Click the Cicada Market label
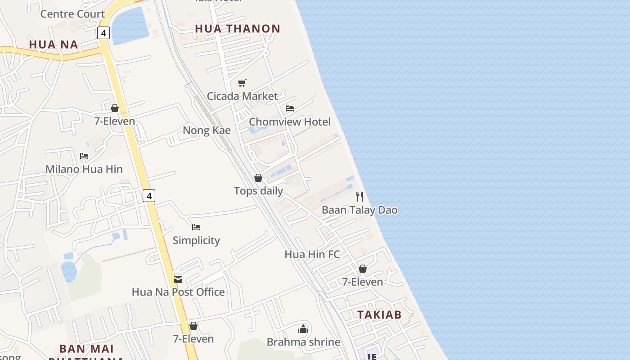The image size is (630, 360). [242, 96]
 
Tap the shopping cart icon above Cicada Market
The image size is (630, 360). [242, 83]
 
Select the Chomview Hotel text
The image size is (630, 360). [289, 121]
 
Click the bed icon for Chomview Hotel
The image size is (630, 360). [290, 108]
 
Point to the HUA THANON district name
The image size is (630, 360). [238, 29]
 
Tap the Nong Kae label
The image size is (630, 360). [207, 130]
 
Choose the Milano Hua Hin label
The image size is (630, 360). [84, 169]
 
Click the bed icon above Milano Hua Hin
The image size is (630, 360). [84, 156]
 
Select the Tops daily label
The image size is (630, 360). [258, 191]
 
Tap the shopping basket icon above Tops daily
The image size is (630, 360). [258, 178]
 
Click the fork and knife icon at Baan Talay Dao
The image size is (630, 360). [360, 197]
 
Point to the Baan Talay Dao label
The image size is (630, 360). [360, 210]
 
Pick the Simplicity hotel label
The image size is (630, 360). [196, 240]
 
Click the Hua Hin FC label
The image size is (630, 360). [312, 254]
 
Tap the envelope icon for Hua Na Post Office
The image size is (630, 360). [178, 279]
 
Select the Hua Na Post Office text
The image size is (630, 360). [178, 292]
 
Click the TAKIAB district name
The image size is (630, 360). [379, 315]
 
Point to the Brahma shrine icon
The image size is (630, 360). [304, 329]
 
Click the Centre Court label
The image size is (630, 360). [72, 14]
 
